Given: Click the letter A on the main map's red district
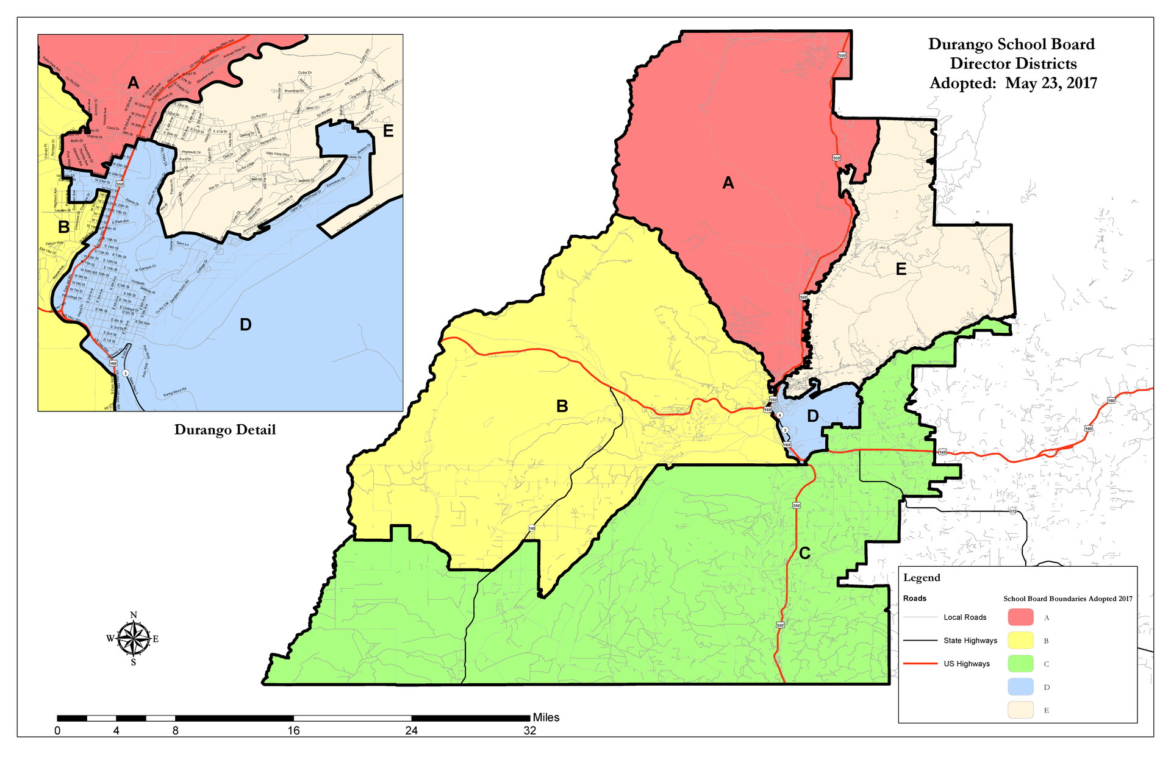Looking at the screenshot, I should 728,183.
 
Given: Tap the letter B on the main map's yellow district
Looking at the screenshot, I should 562,406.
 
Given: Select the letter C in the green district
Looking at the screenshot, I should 805,553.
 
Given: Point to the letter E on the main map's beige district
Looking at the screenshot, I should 901,269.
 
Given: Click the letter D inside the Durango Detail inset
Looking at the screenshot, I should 246,325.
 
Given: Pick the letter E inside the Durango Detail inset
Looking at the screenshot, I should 388,131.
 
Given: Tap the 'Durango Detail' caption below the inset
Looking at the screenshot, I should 225,430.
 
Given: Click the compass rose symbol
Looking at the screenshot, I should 134,639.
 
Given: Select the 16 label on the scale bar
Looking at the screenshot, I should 293,731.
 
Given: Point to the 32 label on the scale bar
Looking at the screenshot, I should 529,731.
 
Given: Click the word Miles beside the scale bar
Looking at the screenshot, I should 546,717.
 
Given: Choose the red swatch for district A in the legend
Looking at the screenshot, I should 1020,617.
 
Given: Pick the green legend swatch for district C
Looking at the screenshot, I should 1020,664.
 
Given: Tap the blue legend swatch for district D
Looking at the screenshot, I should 1020,687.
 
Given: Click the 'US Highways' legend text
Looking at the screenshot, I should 967,664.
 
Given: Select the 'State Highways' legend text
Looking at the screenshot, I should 970,641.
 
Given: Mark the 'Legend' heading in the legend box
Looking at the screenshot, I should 922,578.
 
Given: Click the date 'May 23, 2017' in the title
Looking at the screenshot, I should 1051,84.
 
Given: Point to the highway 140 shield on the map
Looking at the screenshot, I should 532,528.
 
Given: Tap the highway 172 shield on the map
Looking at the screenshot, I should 1012,510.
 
